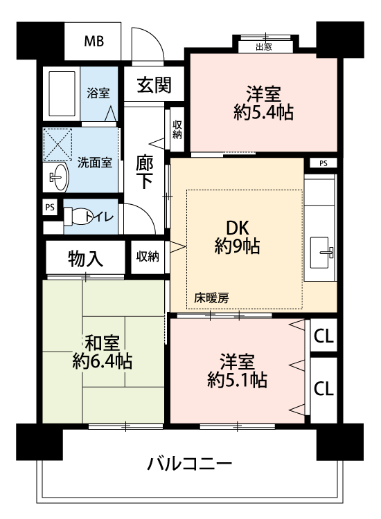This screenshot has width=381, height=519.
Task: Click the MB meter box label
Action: coord(94,42)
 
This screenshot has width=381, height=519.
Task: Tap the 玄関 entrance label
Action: coord(154,85)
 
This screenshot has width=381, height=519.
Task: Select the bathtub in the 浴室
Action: coord(62,93)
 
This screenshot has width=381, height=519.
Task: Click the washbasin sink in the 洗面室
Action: coord(59,177)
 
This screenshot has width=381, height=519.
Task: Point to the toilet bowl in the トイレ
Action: coord(77,216)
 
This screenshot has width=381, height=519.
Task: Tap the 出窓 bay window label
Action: coord(264,47)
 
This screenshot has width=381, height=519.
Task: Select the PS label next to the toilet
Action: coord(50,208)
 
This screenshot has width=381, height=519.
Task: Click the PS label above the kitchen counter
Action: coord(324,163)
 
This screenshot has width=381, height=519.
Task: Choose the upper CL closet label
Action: coord(324,336)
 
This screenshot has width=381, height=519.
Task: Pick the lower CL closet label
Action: coord(324,388)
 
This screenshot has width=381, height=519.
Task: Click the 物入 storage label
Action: coord(85,259)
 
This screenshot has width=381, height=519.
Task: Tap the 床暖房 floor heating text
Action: coord(211,298)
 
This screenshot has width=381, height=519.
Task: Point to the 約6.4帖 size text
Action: coord(103,361)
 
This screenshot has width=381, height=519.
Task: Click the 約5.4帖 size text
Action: coord(263,112)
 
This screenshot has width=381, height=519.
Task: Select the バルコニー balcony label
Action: coord(189,464)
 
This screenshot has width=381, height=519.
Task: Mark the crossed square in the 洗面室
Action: coord(57,145)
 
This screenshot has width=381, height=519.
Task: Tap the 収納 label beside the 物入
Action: coord(148,257)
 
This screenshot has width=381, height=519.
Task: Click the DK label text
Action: coord(237,228)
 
